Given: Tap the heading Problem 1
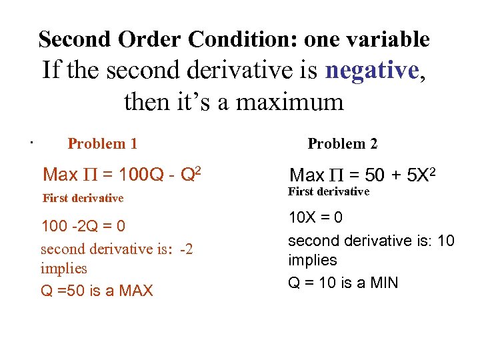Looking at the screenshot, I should [x=103, y=143].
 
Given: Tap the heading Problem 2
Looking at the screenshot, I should [x=342, y=143].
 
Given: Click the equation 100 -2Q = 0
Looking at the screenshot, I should [x=83, y=227].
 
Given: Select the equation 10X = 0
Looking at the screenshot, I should [x=315, y=217].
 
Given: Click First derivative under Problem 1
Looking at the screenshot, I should [x=83, y=198].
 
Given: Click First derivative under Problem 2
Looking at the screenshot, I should [x=329, y=192].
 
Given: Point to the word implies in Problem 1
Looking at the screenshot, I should [x=64, y=268].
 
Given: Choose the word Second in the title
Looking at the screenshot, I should [x=75, y=39].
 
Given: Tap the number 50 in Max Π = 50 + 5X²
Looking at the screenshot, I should [x=375, y=176].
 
